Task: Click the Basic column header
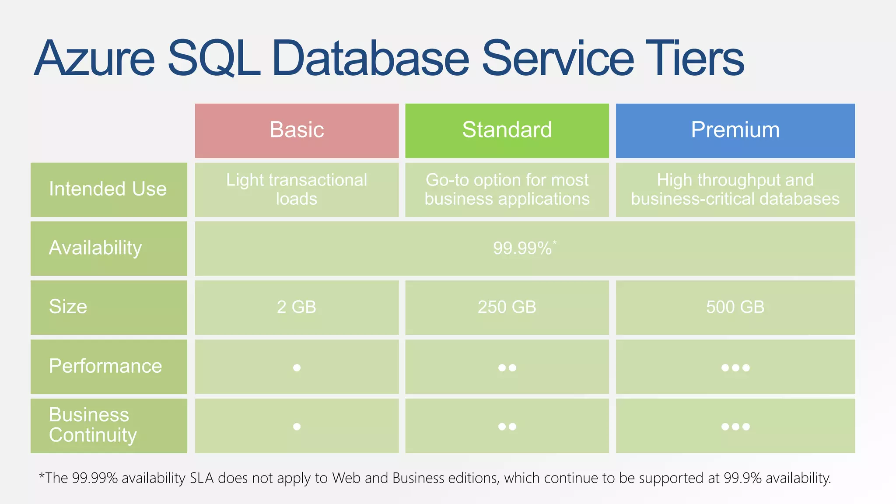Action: coord(297,130)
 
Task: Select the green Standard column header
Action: coord(507,130)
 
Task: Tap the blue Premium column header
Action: coord(735,130)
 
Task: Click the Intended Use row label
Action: coord(108,189)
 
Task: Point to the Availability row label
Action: coord(95,248)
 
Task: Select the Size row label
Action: coord(68,307)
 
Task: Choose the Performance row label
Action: coord(105,366)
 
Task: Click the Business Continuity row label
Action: coord(93,425)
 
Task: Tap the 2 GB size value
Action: coord(297,307)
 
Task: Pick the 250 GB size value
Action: coord(507,307)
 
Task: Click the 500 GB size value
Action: coord(735,307)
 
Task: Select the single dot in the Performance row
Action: coord(297,368)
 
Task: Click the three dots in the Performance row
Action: coord(735,368)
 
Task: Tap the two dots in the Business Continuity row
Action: coord(507,427)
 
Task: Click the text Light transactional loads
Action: coord(297,189)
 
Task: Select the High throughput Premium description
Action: coord(735,189)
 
